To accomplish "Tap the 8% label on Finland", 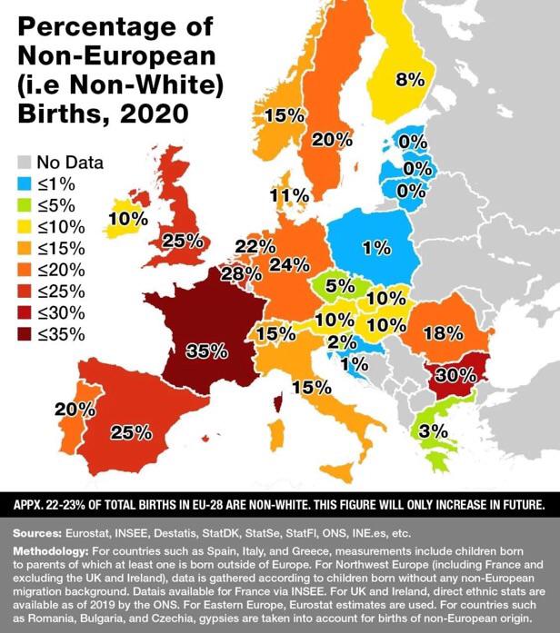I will [410, 80].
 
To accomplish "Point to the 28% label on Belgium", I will [235, 273].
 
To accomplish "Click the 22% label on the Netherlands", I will [255, 247].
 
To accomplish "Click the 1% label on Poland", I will [374, 247].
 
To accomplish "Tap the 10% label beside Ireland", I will [125, 218].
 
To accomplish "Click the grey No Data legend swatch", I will [25, 163].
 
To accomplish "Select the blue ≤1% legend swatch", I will [25, 184].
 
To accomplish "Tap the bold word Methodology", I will [56, 551].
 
